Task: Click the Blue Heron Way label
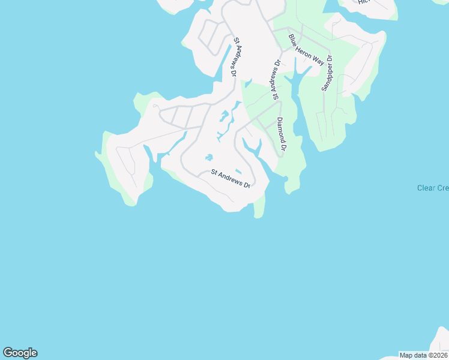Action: coord(306,50)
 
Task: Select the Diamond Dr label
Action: coord(282,133)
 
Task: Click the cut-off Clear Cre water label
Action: coord(433,188)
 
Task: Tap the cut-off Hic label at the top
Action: coord(363,2)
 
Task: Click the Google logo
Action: coord(20,353)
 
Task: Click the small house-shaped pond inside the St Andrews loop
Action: coord(208,158)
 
